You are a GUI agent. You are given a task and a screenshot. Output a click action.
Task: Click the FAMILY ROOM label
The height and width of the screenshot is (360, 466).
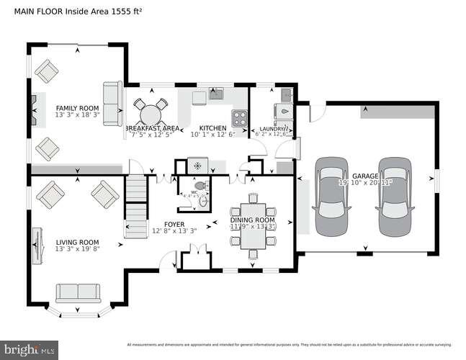coord(77,108)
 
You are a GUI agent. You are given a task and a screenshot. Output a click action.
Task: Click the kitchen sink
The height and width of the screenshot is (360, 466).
coord(216,93)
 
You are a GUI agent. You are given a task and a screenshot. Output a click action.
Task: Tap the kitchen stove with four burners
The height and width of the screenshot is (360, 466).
coord(238,117)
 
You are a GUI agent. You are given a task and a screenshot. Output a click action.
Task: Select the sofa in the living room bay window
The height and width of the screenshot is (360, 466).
coord(78,293)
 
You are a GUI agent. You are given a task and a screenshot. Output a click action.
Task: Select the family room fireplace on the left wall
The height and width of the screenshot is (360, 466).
coord(33,110)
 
